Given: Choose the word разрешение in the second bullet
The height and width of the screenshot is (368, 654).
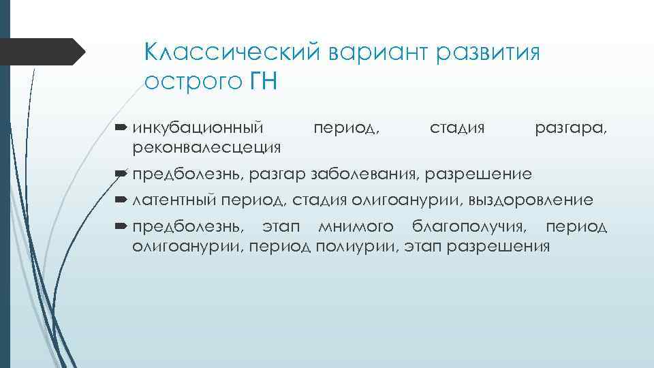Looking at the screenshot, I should [x=478, y=174].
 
